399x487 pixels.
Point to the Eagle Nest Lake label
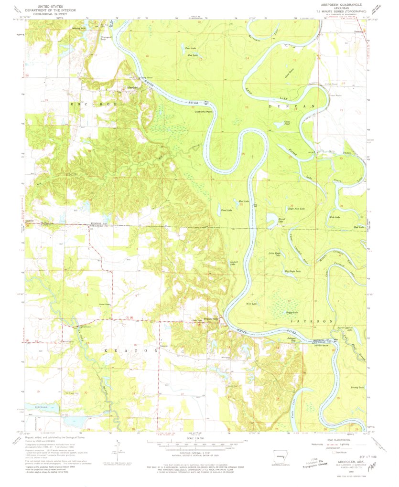296,209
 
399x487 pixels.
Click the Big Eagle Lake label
292,271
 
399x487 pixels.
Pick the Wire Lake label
251,304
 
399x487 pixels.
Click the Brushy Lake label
357,387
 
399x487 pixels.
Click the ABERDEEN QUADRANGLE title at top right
340,4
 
